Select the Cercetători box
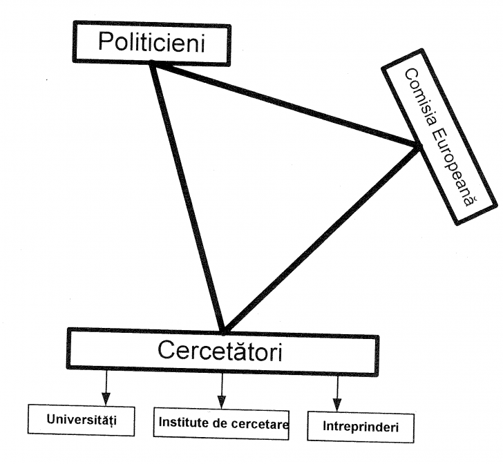click(222, 351)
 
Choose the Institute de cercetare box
click(221, 422)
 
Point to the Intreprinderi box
click(360, 426)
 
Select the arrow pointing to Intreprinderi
click(336, 394)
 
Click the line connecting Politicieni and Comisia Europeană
click(283, 104)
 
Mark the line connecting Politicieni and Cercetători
click(187, 197)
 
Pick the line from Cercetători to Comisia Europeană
click(321, 238)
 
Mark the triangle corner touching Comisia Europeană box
click(417, 146)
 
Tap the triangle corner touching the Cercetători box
click(223, 330)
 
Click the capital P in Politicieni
click(106, 42)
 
